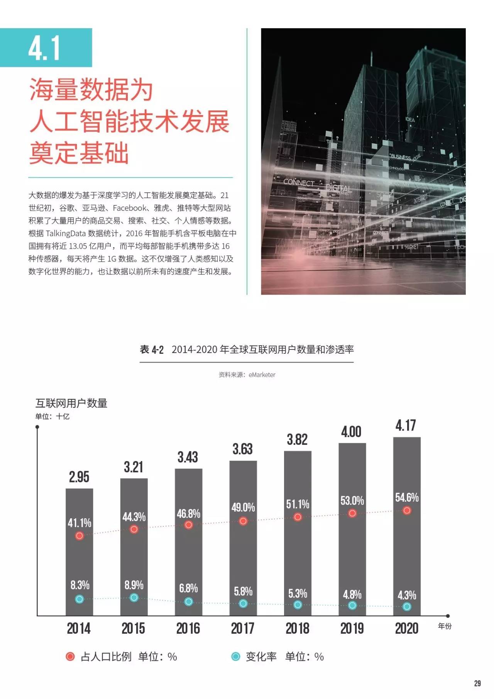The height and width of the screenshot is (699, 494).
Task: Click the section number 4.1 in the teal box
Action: tap(44, 48)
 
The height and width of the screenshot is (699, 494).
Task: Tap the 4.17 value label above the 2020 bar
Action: tap(406, 426)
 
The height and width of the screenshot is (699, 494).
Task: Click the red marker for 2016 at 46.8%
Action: tap(188, 525)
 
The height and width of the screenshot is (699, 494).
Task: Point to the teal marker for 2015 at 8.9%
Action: tap(134, 598)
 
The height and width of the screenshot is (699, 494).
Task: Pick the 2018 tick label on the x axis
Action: tap(297, 629)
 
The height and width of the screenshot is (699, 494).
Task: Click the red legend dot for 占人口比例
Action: tap(70, 657)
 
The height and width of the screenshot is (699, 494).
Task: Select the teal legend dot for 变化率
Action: tap(235, 657)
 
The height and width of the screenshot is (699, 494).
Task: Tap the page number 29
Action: tap(477, 684)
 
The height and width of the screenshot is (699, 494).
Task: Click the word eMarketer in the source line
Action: tap(262, 375)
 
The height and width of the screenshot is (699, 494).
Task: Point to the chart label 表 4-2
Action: tap(152, 350)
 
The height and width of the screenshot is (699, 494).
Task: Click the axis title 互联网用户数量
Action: tap(71, 403)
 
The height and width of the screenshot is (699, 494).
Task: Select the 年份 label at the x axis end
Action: tap(445, 626)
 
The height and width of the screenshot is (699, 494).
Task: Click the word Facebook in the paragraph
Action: tap(130, 208)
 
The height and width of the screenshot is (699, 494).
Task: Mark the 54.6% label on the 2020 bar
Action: tap(407, 497)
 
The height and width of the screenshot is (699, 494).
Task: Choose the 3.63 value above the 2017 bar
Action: tap(242, 449)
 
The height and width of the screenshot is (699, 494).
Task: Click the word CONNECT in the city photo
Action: tap(299, 182)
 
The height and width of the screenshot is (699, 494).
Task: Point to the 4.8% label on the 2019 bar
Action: tap(352, 595)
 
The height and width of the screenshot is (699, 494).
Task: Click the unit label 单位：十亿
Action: tap(52, 416)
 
